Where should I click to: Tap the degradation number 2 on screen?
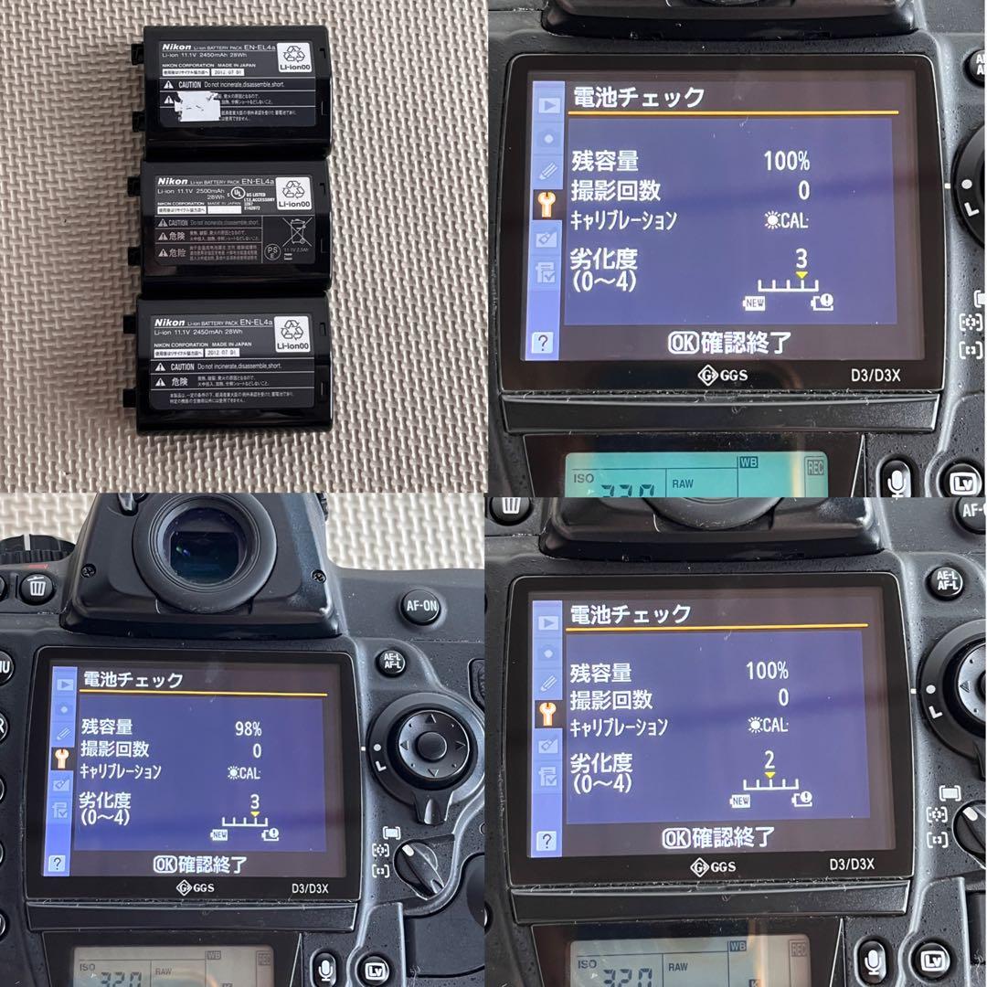click(769, 760)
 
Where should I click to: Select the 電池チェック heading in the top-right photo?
click(637, 97)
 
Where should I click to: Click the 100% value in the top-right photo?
click(786, 162)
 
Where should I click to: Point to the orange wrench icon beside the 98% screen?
click(61, 758)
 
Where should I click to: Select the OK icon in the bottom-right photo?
click(676, 836)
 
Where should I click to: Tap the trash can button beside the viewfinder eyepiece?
click(36, 587)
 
